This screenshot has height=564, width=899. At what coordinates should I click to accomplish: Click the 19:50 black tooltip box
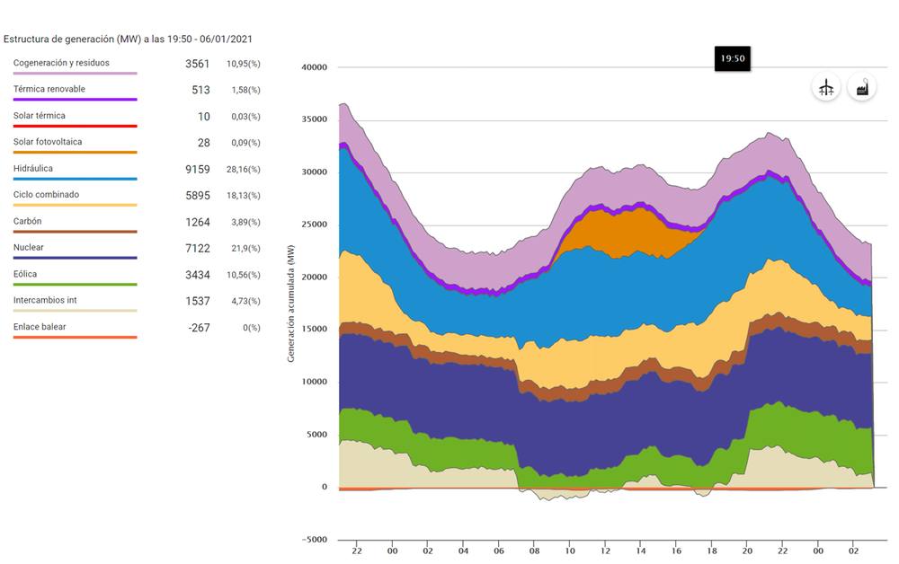click(733, 58)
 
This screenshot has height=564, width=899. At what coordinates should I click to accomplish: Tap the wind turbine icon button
click(826, 87)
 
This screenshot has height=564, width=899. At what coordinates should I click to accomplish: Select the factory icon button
click(861, 87)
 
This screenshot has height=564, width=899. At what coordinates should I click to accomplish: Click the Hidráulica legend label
click(33, 168)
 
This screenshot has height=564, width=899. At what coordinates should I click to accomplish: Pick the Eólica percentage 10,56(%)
click(244, 275)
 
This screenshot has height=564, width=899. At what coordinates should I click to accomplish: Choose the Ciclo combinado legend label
click(46, 194)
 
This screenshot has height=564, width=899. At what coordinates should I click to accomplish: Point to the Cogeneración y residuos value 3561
click(197, 64)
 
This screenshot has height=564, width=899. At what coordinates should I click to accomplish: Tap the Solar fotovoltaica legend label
click(48, 142)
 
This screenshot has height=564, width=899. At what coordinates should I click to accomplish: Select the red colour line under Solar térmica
click(75, 127)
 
